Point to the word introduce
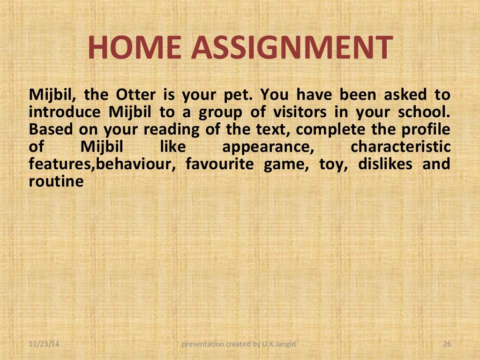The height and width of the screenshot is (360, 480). (64, 112)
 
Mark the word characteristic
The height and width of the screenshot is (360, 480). (400, 147)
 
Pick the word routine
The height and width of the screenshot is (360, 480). (56, 181)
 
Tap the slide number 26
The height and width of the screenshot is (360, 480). (446, 345)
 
